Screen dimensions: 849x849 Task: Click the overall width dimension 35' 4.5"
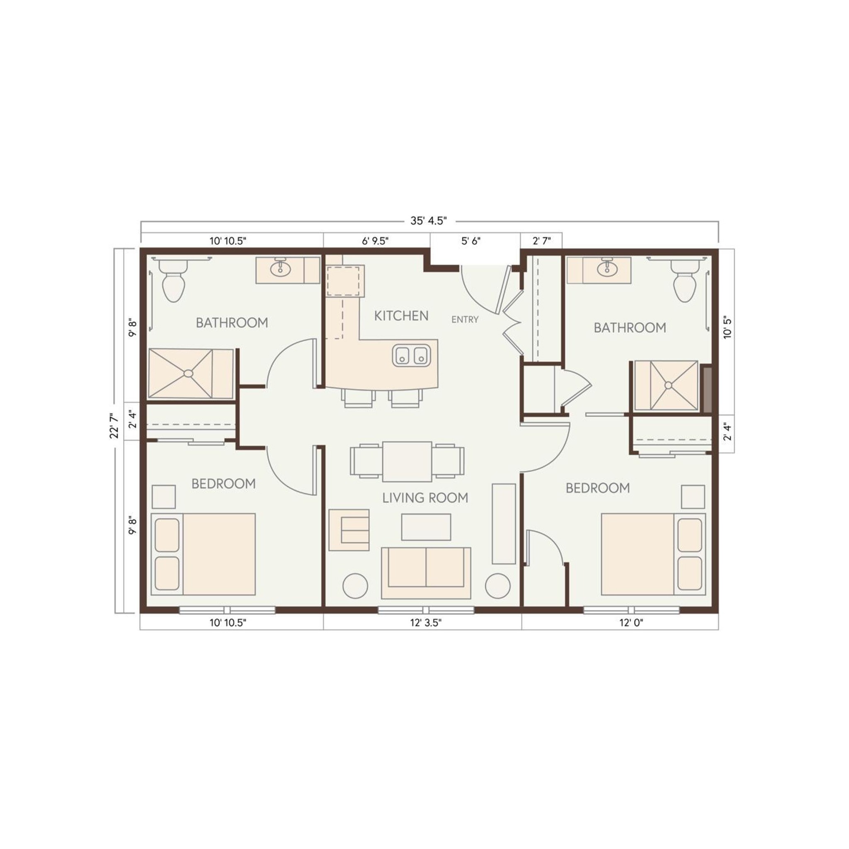[429, 221]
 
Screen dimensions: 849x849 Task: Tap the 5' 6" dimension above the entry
[471, 241]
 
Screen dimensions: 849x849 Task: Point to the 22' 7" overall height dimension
[115, 425]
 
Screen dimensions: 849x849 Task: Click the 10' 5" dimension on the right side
[728, 327]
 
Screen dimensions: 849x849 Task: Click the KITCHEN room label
[401, 315]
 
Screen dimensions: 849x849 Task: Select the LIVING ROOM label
[425, 498]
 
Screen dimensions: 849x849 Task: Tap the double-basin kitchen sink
[411, 356]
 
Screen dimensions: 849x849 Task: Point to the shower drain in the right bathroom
[668, 386]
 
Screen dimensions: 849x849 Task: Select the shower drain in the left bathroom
[189, 374]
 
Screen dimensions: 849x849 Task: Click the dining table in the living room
[407, 461]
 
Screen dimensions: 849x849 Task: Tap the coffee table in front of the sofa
[426, 527]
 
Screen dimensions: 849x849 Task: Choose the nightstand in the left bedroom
[163, 497]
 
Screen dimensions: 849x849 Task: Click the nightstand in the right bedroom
[693, 497]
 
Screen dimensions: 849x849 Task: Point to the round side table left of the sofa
[355, 586]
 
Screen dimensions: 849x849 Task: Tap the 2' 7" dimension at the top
[541, 241]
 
